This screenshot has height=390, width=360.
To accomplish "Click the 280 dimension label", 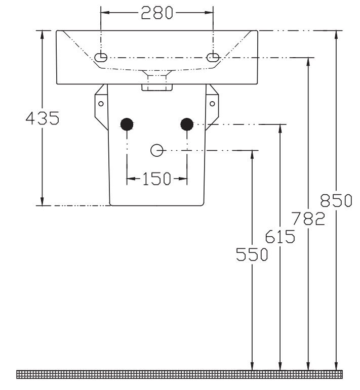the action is tap(157, 13).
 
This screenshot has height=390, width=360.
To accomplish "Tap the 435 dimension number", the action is tap(43, 118).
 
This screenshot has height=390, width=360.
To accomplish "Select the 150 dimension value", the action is tap(156, 179).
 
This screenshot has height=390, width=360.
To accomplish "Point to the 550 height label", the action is tap(252, 254).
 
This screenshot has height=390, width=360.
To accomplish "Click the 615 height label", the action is tap(280, 236).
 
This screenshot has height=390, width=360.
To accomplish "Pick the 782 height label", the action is tap(308, 219).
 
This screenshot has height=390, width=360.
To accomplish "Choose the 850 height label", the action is tap(336, 200).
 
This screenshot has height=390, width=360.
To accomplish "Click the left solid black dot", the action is tap(127, 124).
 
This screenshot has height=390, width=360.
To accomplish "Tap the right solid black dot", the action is tap(187, 124).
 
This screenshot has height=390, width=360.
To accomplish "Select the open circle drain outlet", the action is tap(157, 150).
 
